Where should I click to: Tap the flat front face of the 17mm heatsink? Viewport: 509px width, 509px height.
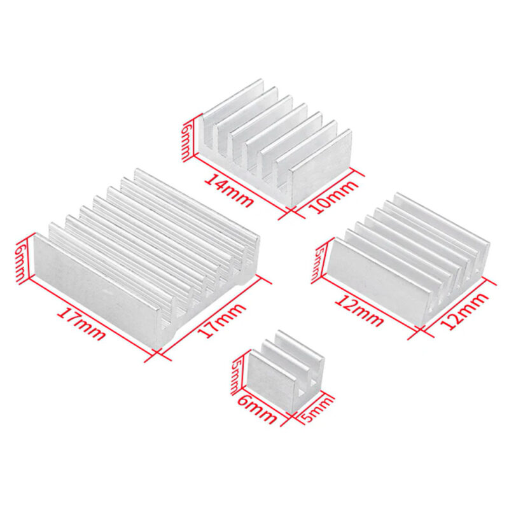click(95, 286)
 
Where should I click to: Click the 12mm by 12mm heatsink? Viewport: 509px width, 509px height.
click(407, 254)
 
